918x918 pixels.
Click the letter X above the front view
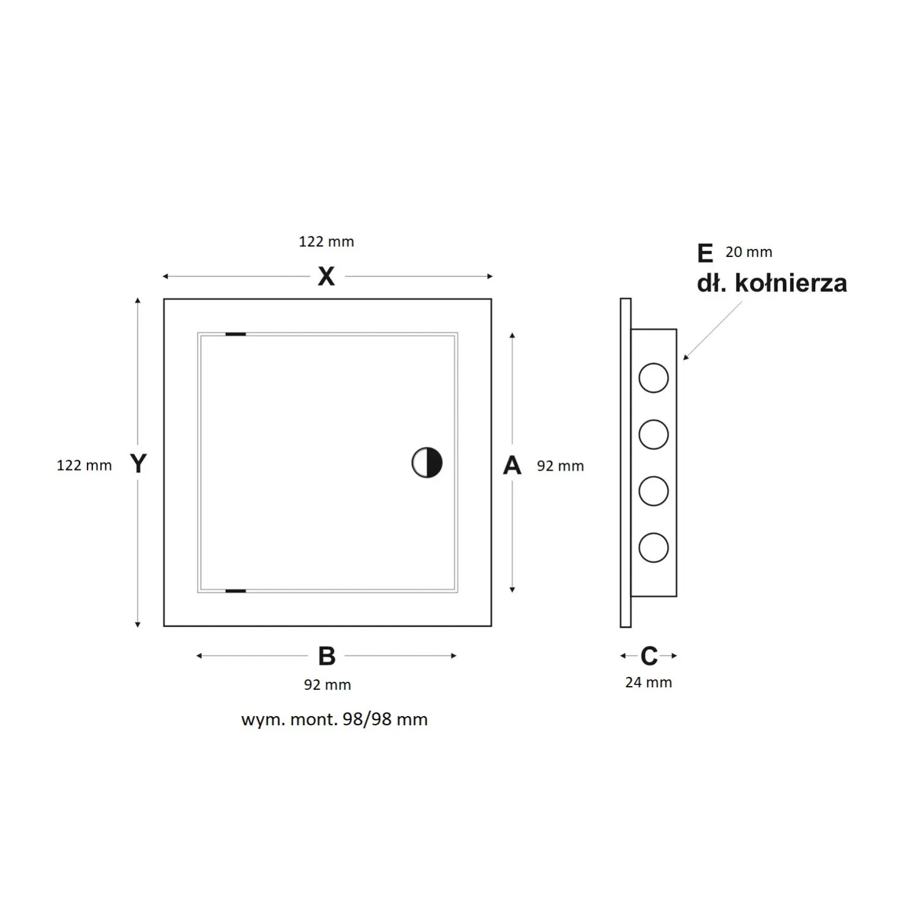pos(326,277)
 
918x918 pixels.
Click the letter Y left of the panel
pos(138,463)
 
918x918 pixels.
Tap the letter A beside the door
pos(512,465)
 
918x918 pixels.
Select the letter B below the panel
pos(327,656)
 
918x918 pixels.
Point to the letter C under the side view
pos(649,656)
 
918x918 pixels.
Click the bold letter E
pos(705,253)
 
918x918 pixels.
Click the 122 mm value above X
pos(326,242)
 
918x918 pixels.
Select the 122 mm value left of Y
pos(84,466)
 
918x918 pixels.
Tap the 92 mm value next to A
pos(561,466)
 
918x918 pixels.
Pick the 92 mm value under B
pos(327,685)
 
